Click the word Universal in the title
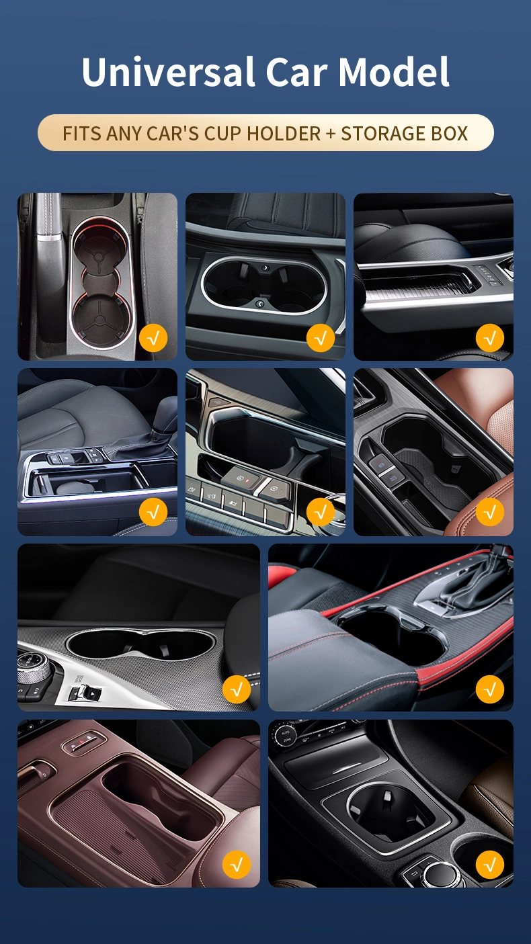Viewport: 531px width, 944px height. (x=169, y=71)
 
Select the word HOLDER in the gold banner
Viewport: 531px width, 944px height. (x=284, y=134)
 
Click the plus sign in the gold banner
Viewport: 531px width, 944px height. (x=331, y=134)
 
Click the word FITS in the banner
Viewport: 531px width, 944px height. (x=82, y=134)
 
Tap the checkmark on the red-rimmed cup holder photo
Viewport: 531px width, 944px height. (x=153, y=338)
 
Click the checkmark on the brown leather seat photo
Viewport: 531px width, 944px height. (x=490, y=512)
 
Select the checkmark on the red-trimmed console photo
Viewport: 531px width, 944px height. (x=490, y=689)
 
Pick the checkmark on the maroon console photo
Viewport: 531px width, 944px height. (x=237, y=865)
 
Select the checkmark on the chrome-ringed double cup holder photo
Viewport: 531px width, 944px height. (x=321, y=338)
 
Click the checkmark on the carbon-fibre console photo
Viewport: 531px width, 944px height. (x=237, y=689)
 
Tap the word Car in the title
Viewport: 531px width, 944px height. (x=296, y=71)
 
